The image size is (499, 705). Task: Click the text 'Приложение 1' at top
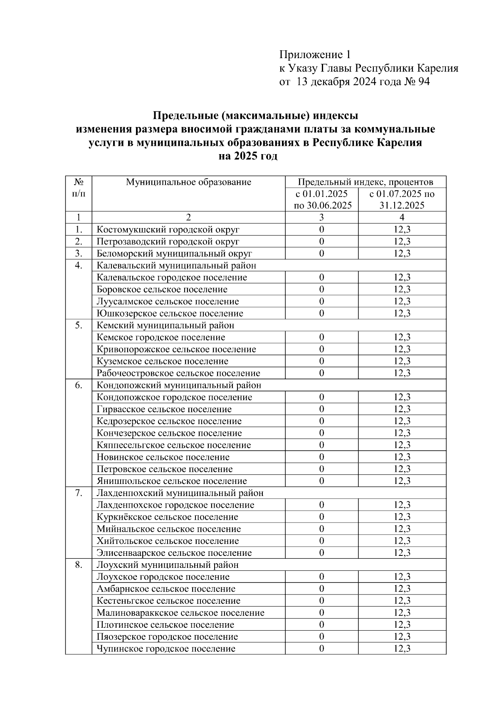pos(315,55)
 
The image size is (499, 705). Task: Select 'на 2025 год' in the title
pos(248,157)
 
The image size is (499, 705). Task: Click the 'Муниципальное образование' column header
pos(189,182)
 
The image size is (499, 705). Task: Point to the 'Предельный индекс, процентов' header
pos(366,182)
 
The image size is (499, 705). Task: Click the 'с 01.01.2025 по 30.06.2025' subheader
pos(321,199)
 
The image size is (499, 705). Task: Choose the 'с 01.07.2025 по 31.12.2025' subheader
pos(402,199)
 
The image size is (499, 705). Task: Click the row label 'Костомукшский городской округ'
pos(168,230)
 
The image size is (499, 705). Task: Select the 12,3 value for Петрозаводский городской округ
pos(402,242)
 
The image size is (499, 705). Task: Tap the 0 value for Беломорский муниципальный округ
pos(321,253)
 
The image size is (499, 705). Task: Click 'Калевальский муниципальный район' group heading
pos(176,265)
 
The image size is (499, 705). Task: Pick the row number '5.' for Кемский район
pos(79,325)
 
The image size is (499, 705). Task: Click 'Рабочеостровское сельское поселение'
pos(178,373)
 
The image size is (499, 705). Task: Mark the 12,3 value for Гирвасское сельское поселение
pos(402,409)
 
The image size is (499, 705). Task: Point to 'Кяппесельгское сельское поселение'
pos(174,445)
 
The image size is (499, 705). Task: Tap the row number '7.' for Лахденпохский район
pos(79,493)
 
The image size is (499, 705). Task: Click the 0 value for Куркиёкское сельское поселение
pos(321,517)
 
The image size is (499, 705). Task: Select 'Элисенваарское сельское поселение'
pos(174,553)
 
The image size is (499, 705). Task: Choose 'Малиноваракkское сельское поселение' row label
pos(180,613)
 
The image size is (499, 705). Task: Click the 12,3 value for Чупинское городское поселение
pos(402,649)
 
